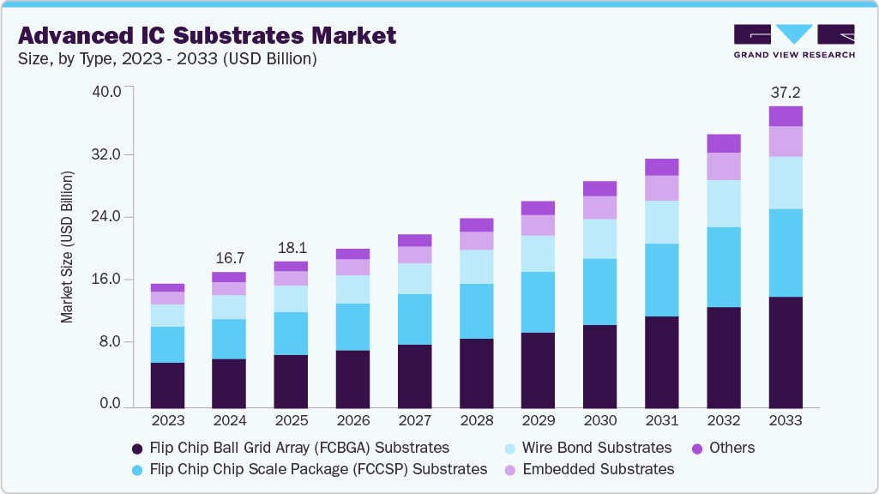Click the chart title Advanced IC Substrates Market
tap(207, 36)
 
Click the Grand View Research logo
tap(794, 41)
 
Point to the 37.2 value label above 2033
tap(785, 92)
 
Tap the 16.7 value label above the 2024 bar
tap(229, 257)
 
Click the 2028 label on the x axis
tap(476, 420)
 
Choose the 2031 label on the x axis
tap(661, 420)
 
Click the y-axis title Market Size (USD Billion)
tap(67, 247)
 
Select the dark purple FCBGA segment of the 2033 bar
tap(785, 352)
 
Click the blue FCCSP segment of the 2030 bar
tap(599, 292)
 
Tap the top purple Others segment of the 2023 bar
tap(167, 287)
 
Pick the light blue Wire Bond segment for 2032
tap(723, 203)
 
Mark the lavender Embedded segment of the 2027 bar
tap(414, 255)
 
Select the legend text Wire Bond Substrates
tap(597, 448)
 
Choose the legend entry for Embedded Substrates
tap(598, 469)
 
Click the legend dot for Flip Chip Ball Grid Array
tap(137, 448)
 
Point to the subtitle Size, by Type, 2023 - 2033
tap(168, 59)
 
